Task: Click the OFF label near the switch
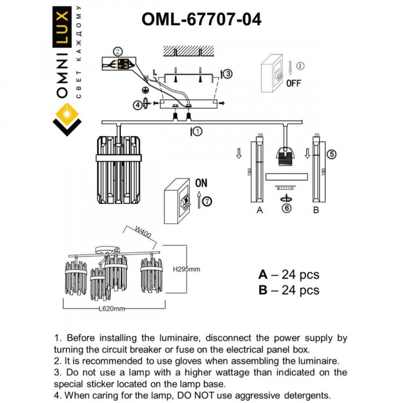click(293, 84)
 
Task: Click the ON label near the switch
click(201, 182)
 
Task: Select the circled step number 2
click(117, 51)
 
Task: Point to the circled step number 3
click(228, 74)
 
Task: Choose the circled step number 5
click(330, 154)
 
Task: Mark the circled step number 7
click(208, 202)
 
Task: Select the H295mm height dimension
click(186, 269)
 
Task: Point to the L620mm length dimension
click(111, 308)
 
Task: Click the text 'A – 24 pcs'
click(288, 275)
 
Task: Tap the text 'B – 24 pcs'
click(288, 290)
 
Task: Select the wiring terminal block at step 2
click(121, 64)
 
